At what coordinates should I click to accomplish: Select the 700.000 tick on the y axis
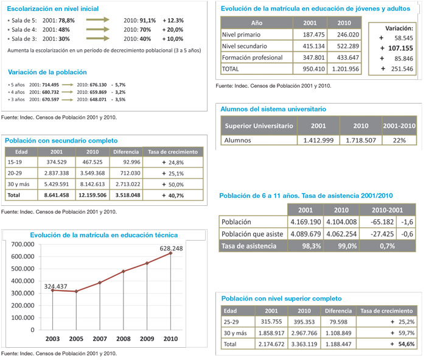pos(22,244)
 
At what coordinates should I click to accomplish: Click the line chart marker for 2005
pos(75,292)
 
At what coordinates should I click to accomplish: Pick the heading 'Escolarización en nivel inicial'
pos(52,9)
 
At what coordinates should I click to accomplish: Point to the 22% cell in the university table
pos(399,140)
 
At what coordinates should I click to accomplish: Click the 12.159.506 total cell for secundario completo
pos(93,196)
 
